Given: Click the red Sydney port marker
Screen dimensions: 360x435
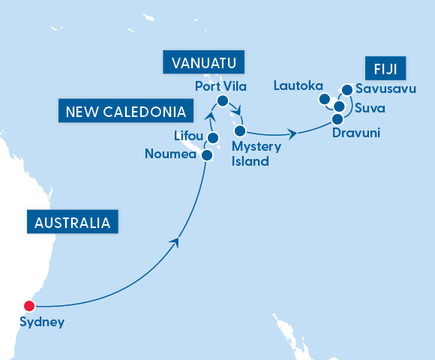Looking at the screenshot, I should (x=29, y=305).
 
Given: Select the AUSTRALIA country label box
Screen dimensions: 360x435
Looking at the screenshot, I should (x=73, y=223).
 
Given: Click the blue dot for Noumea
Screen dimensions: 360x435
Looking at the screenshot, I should (x=206, y=155).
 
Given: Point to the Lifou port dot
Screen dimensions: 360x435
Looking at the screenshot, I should (x=213, y=138).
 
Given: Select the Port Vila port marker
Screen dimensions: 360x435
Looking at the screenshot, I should (x=222, y=100).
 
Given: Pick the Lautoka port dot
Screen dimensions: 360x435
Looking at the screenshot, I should (x=324, y=99).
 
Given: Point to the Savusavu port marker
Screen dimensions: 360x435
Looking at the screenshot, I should (x=346, y=90).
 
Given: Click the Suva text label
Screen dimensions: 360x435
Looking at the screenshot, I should (x=370, y=109).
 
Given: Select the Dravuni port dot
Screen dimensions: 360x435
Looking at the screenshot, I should (x=337, y=118).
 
